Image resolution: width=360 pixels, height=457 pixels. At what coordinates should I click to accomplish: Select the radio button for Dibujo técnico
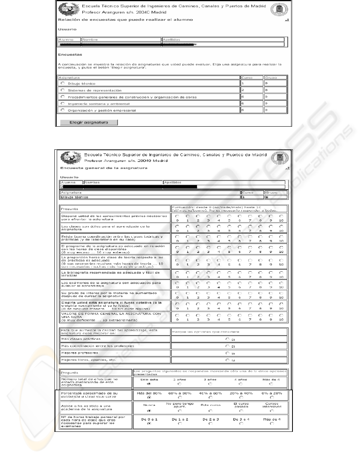(63, 83)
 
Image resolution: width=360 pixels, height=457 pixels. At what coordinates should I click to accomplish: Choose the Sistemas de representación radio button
(63, 90)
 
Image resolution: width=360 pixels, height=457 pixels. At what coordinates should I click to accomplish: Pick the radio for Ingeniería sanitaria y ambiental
(63, 103)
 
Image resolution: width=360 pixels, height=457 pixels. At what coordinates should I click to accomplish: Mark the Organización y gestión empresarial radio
(63, 110)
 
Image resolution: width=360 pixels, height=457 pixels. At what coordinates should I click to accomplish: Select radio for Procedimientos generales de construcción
(63, 97)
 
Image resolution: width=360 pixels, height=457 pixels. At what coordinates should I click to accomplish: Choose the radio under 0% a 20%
(272, 397)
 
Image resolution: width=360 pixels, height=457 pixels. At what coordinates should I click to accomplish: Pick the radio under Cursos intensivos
(272, 410)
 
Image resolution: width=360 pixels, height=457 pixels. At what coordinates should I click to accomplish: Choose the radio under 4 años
(241, 384)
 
